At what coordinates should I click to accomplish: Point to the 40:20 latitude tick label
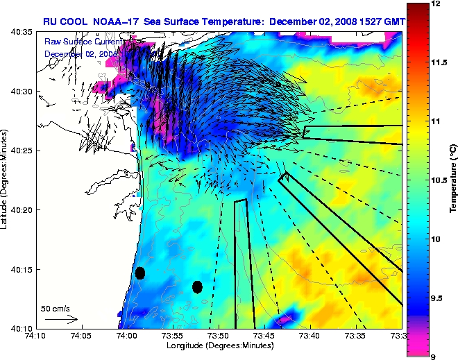tap(21, 210)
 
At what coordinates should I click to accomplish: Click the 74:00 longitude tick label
tap(126, 336)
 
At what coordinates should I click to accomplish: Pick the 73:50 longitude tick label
tap(218, 336)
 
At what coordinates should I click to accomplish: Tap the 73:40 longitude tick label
tap(309, 336)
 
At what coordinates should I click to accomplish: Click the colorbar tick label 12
tap(436, 4)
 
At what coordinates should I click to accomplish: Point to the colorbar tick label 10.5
tap(440, 180)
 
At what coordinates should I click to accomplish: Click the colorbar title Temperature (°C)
tap(452, 180)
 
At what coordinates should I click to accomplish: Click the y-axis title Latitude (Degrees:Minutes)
tap(6, 180)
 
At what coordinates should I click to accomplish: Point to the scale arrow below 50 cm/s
tap(62, 319)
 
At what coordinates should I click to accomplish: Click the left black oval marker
tap(139, 273)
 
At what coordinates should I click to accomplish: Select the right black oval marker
tap(197, 286)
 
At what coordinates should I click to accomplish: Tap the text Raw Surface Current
tap(84, 42)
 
